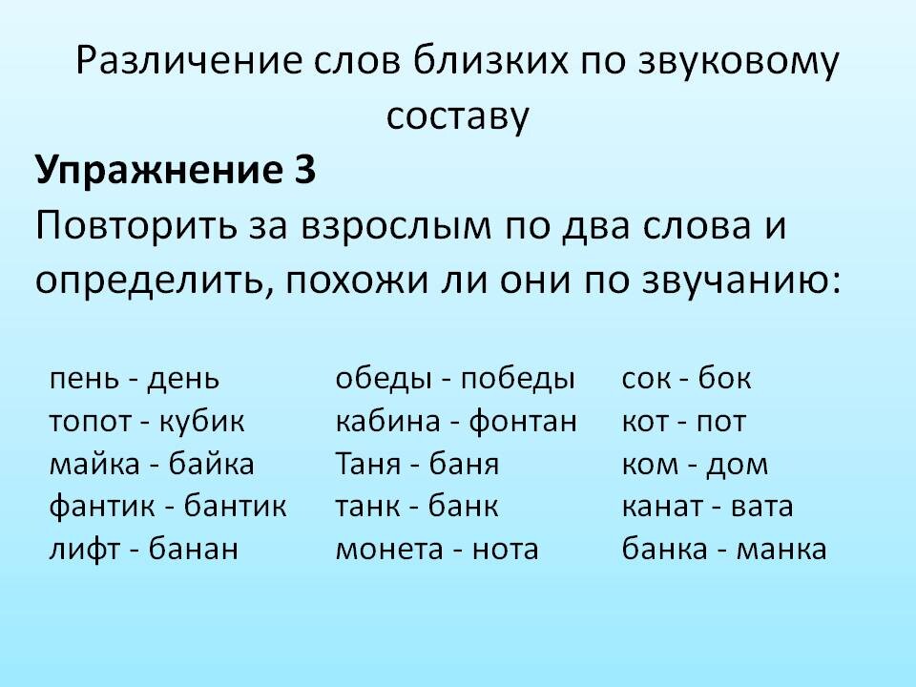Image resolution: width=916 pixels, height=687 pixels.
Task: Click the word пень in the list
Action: (85, 379)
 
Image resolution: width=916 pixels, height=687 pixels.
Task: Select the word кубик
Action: (201, 422)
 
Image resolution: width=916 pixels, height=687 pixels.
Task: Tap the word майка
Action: (94, 465)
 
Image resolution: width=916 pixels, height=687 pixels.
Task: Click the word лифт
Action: (85, 550)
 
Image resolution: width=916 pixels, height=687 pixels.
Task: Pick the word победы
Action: (517, 379)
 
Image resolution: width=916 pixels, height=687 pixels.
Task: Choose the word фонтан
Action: (523, 422)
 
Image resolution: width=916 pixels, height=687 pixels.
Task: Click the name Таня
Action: (368, 465)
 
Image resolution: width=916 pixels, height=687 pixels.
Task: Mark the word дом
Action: (737, 465)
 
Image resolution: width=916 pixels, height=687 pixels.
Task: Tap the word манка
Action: (781, 550)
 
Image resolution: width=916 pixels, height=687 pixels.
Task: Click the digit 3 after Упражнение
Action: (305, 170)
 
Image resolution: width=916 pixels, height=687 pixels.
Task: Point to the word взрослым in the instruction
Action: (396, 227)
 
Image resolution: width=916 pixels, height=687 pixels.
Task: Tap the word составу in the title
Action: (457, 116)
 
